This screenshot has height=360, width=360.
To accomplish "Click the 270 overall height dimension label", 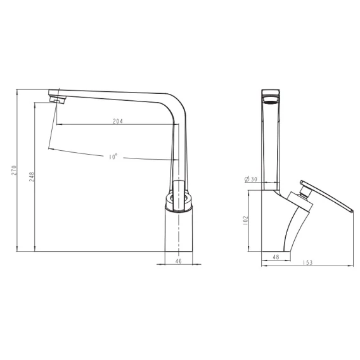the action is pos(14,170).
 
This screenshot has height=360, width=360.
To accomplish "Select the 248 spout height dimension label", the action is pos(31,177).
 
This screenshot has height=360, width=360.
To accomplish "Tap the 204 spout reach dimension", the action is pos(118,121).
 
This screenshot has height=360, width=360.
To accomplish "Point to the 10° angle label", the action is pos(113,157).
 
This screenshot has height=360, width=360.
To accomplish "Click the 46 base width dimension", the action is pos(178,261).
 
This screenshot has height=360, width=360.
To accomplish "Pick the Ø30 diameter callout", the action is pos(251,179).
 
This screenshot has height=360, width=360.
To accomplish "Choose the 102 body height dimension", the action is pos(246,220).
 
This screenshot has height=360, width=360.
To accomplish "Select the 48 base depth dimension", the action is pos(276,257).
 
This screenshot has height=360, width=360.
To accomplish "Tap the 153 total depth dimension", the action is pos(307,262).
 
